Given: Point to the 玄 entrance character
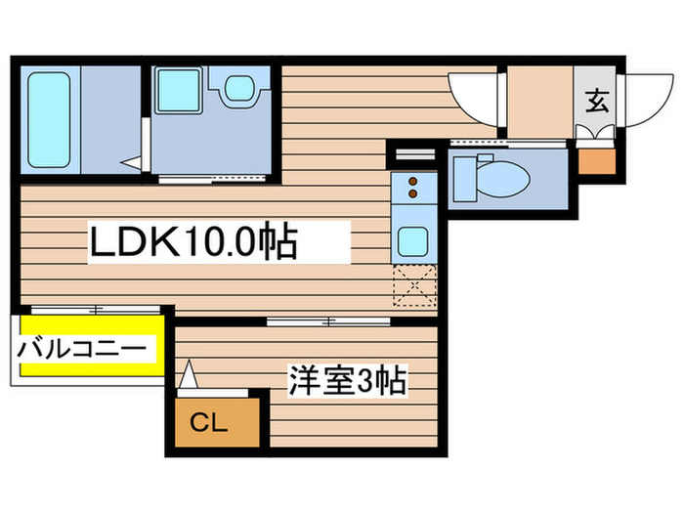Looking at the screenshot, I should tap(595, 100).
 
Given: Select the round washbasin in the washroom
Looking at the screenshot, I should tap(237, 89).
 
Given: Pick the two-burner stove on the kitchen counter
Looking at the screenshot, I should tap(412, 188).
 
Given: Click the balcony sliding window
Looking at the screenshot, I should tap(94, 310).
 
